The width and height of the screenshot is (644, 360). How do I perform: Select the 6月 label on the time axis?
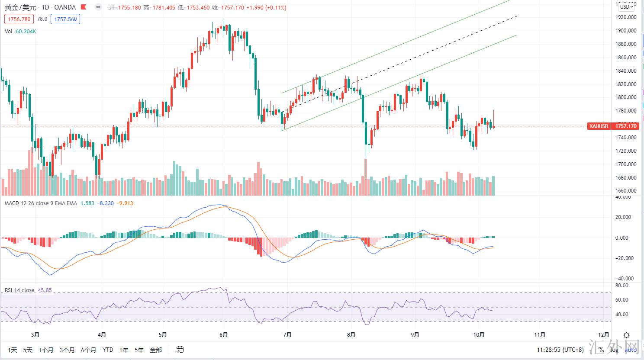click(224, 335)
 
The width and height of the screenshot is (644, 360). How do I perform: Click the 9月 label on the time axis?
click(415, 335)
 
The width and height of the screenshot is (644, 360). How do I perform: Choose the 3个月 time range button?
click(67, 350)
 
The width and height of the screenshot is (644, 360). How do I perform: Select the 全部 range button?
click(156, 350)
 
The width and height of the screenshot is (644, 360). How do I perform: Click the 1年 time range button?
click(124, 350)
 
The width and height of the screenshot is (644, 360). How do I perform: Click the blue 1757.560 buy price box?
click(65, 19)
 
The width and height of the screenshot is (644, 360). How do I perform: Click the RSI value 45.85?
click(45, 290)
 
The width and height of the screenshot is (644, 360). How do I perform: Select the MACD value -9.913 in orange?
click(126, 203)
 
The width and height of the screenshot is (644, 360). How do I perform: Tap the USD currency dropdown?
click(626, 6)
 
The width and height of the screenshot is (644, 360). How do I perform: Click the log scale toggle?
click(615, 350)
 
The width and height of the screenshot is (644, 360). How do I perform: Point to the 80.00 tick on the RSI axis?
click(622, 286)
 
